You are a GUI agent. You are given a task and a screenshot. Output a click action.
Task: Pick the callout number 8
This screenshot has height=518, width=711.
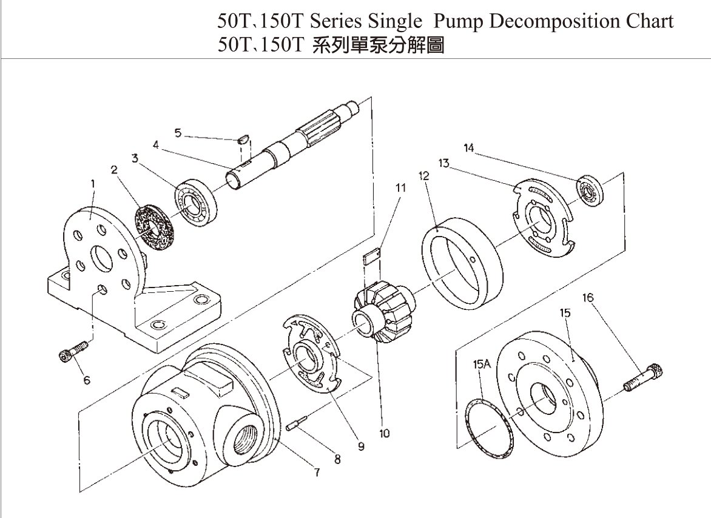click(x=338, y=459)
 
